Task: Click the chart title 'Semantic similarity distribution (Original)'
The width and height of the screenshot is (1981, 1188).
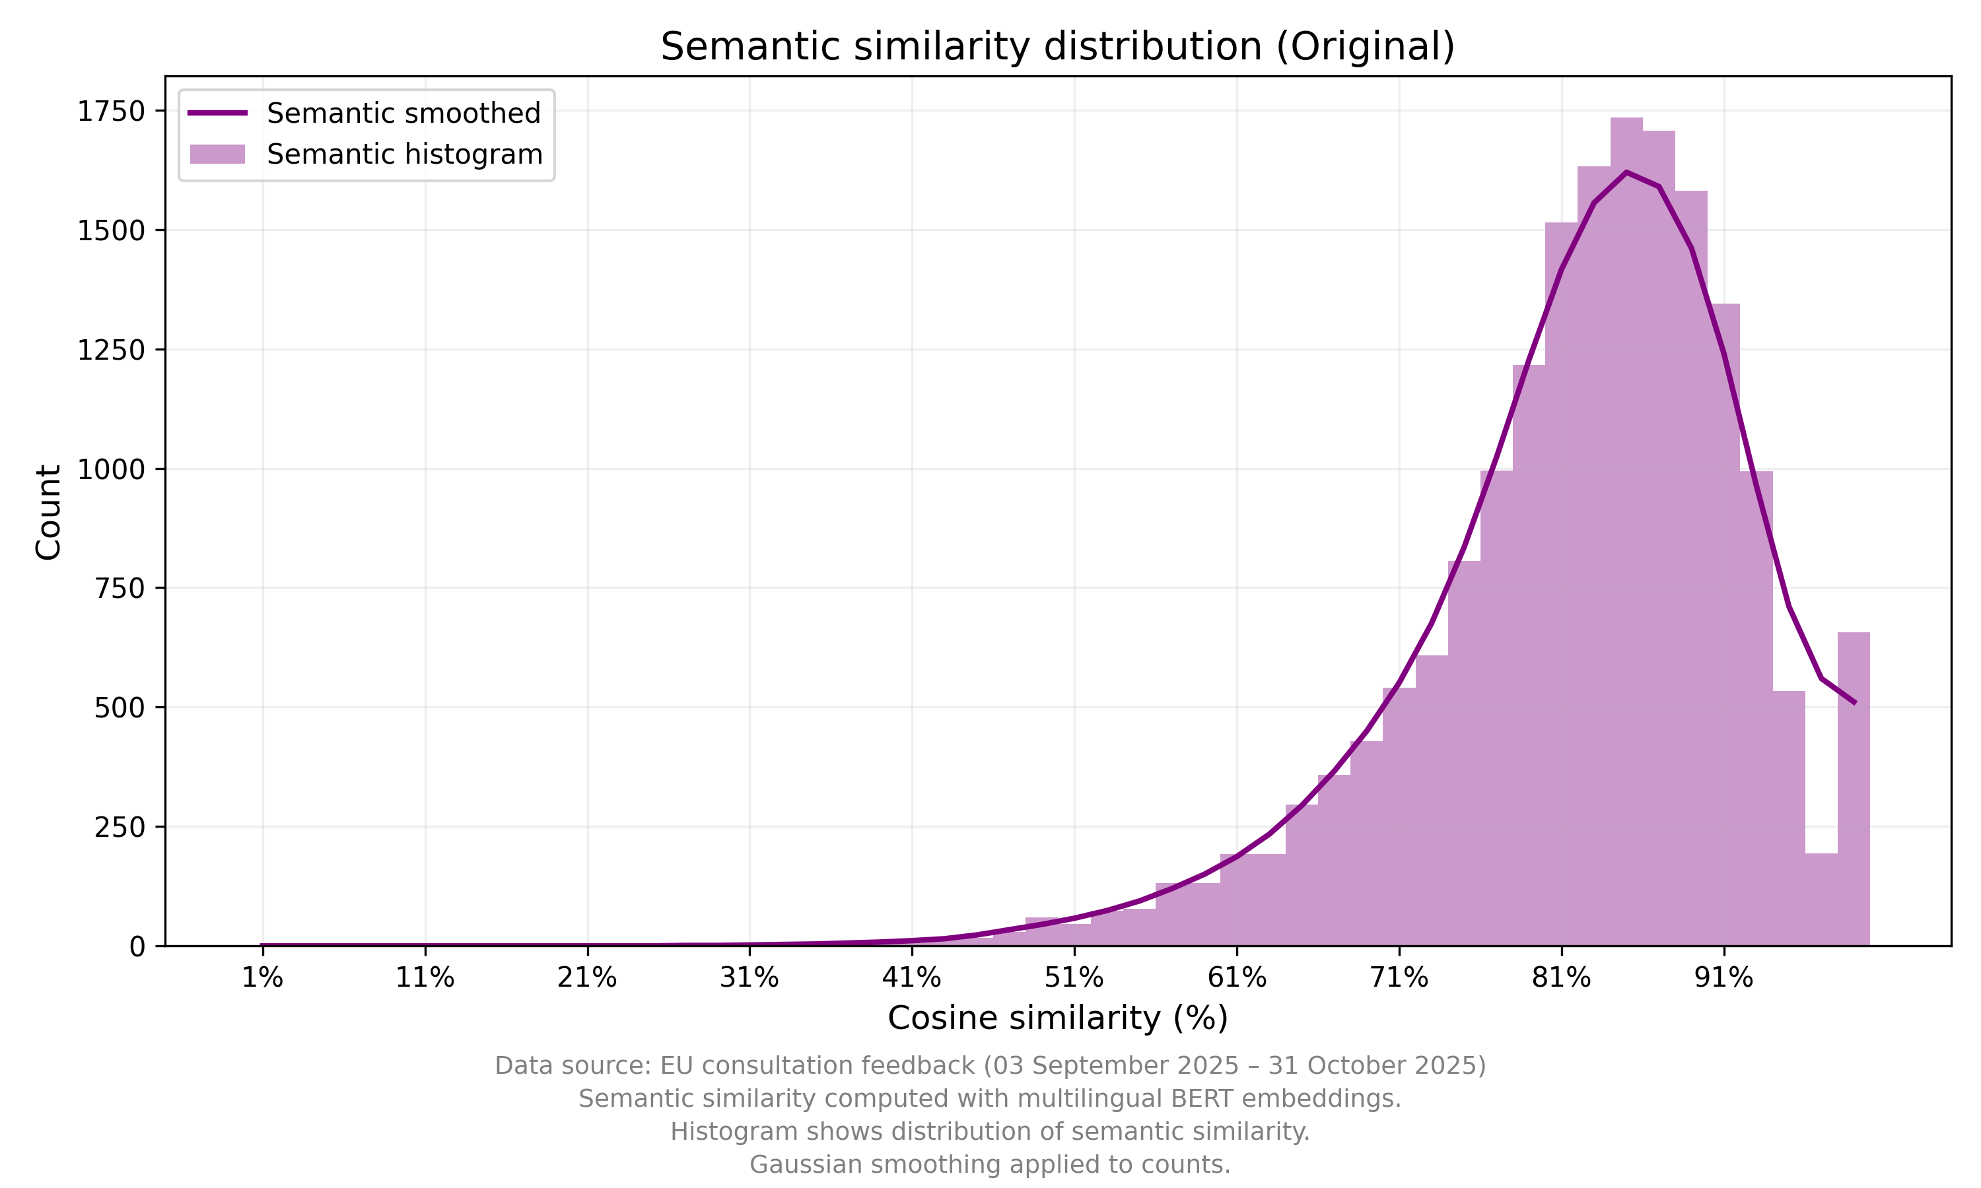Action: (1057, 46)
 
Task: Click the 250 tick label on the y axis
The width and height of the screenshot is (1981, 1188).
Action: (120, 827)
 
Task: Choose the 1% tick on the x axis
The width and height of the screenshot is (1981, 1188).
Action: (263, 977)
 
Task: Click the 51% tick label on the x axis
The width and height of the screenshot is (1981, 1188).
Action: (1074, 977)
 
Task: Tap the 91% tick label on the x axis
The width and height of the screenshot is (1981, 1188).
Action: (1723, 977)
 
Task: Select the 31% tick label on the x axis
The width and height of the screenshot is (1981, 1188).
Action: (749, 977)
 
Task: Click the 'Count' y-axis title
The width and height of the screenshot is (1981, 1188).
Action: (49, 512)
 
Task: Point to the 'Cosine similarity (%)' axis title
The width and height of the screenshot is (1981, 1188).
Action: (1057, 1018)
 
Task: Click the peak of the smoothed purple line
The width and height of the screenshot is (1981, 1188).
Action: (1626, 172)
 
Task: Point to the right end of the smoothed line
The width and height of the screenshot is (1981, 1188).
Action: (1854, 703)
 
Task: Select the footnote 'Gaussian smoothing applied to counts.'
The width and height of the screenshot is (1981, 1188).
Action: (990, 1165)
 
